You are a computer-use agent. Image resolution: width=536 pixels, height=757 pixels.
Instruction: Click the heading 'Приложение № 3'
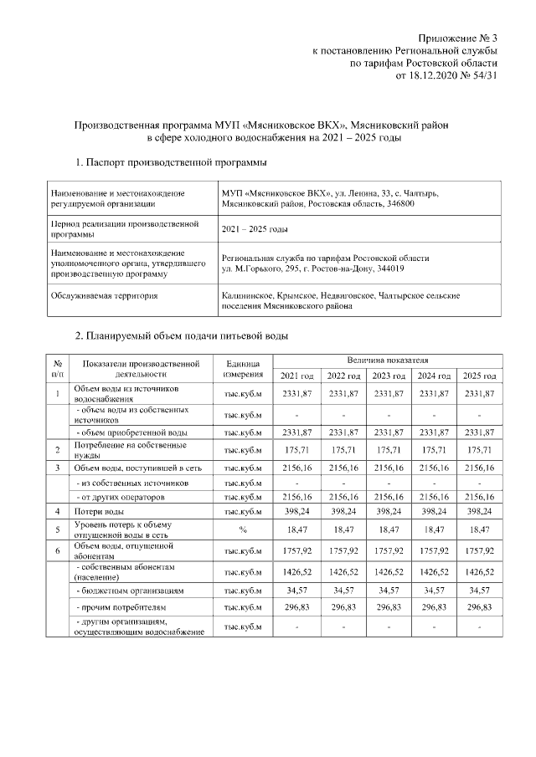(x=459, y=38)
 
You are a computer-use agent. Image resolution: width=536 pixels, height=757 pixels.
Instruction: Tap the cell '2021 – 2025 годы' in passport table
(x=255, y=228)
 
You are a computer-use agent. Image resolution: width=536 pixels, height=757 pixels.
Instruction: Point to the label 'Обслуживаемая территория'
(x=105, y=295)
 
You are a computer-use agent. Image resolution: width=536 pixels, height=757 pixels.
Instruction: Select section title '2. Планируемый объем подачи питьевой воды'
(x=182, y=336)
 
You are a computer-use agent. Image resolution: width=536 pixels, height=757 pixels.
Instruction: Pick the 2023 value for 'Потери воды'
(x=388, y=510)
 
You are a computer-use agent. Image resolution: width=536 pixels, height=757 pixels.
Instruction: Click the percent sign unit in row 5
(x=244, y=529)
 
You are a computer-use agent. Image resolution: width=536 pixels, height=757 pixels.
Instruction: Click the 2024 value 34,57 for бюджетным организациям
(x=434, y=590)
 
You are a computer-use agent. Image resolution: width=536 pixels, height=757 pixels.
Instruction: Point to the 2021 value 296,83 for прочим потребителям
(x=297, y=607)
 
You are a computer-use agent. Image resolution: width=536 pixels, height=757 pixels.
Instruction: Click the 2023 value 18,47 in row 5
(x=388, y=529)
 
